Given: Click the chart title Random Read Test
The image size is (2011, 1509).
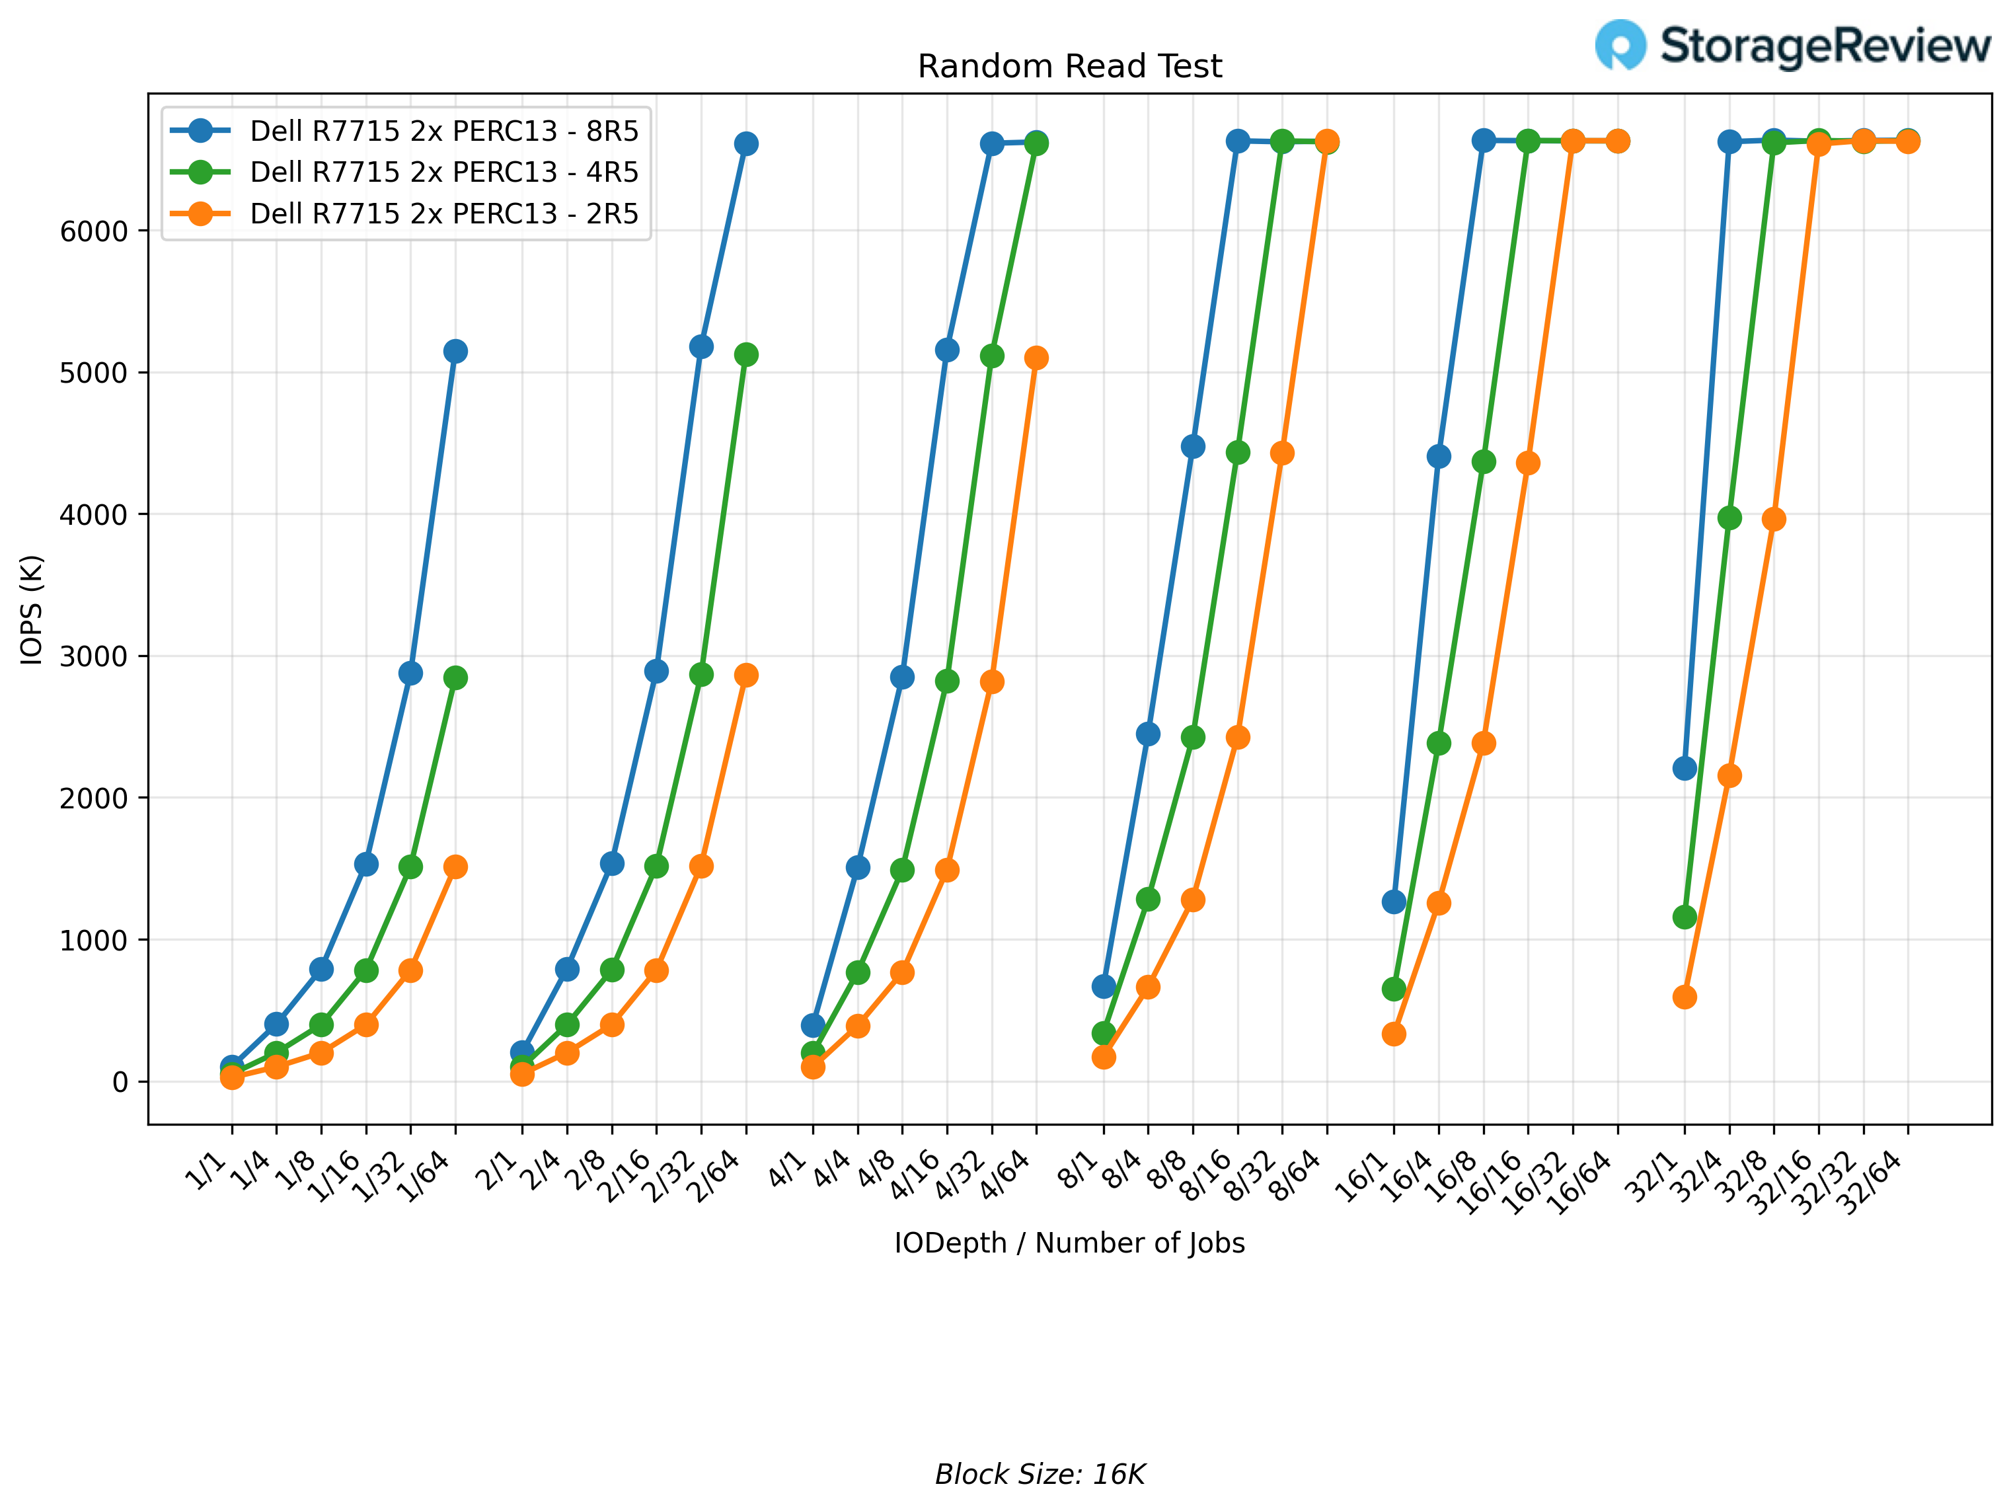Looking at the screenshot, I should (1069, 66).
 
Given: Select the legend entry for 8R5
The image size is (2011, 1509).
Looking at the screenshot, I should (443, 131).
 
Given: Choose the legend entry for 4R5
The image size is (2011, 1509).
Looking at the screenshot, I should (443, 172).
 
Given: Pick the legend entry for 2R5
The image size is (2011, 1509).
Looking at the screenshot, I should (443, 213).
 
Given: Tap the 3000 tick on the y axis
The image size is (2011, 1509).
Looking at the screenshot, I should (94, 656).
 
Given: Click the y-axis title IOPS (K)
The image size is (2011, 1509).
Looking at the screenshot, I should (32, 609).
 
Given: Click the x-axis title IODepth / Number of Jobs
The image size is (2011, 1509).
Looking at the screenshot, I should (1069, 1243).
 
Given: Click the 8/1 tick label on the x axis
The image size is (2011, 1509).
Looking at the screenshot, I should (1079, 1170).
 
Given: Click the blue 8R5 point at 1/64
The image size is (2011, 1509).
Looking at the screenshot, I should (455, 351).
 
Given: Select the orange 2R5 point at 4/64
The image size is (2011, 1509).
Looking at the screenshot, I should (1036, 358).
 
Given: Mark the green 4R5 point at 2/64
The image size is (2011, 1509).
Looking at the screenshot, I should (746, 354).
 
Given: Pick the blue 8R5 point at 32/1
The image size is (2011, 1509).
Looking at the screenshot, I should (1685, 768).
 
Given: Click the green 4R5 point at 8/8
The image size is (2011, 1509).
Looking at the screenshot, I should (1193, 737).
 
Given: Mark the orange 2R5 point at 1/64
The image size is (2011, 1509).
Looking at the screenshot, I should (455, 867).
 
